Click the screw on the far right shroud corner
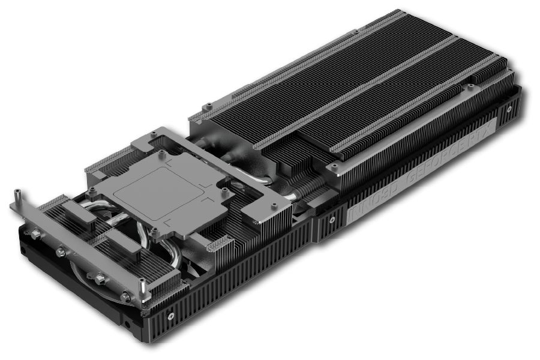click(x=509, y=110)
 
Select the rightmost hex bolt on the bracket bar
click(x=125, y=295)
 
